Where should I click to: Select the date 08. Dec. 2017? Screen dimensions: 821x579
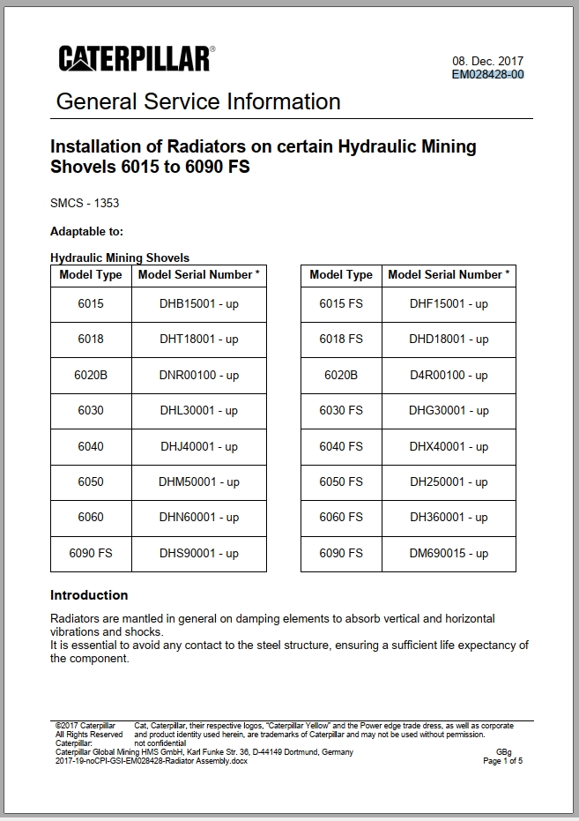pos(487,61)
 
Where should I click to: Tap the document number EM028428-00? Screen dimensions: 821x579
pos(487,74)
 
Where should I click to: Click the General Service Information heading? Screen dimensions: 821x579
pos(198,101)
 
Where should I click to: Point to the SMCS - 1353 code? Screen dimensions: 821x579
pos(85,203)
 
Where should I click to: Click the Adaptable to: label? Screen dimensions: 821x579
pos(86,231)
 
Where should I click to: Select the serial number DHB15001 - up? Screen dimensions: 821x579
pos(199,303)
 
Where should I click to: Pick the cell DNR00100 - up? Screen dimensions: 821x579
pos(199,375)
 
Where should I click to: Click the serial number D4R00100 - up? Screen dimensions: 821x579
pos(449,375)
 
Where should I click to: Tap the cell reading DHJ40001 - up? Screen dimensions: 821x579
pos(199,446)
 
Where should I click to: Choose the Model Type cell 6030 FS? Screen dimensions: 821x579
pos(341,410)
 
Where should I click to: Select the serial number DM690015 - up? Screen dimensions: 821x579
pos(449,553)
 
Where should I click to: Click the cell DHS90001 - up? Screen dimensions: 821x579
pos(199,553)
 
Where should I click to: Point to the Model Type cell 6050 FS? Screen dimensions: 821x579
pos(341,481)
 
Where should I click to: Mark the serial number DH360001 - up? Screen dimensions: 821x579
pos(449,517)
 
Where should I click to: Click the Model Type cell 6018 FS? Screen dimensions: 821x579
pos(341,339)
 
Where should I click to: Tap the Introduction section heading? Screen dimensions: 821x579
pos(89,594)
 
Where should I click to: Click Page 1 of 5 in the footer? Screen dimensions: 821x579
pos(502,761)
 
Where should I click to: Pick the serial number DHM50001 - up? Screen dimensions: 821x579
pos(199,481)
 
